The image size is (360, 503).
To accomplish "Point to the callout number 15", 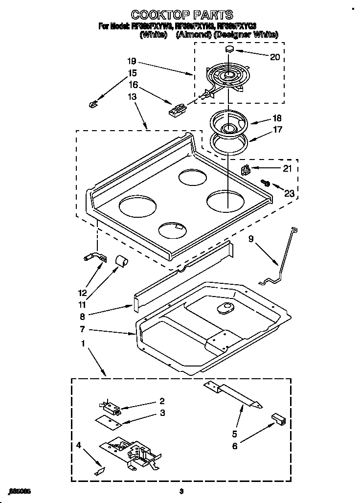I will coord(133,73).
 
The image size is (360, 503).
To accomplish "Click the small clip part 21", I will coord(246,170).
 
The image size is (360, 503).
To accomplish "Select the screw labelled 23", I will coord(267,183).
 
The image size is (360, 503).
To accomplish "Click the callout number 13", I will coord(133,97).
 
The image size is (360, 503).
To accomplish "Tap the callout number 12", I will coord(82,293).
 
